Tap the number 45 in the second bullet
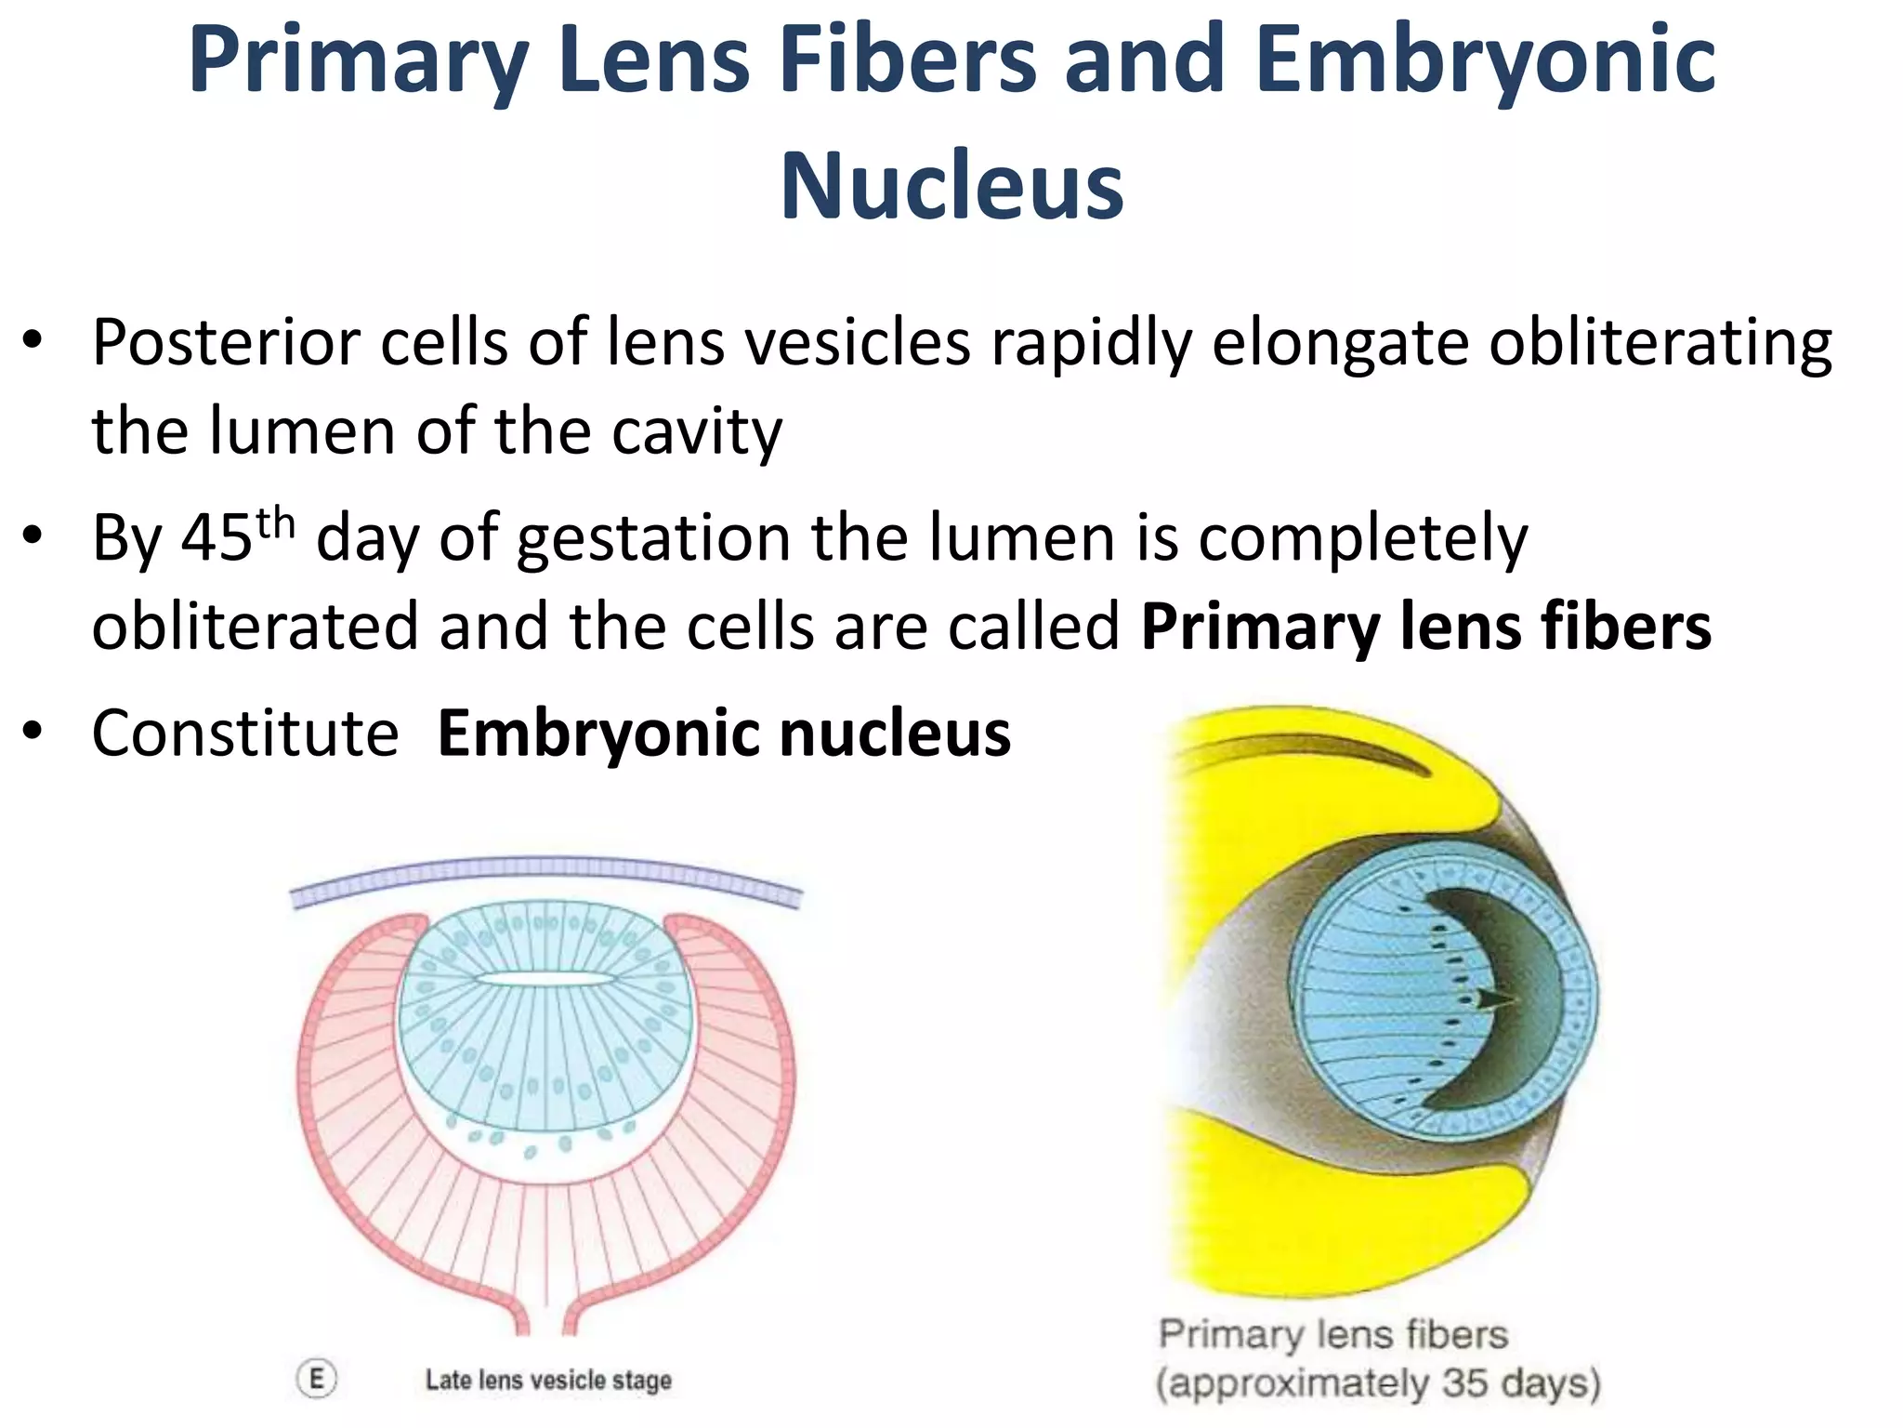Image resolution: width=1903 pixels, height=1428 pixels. (x=217, y=539)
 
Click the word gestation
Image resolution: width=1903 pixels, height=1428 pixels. (x=654, y=539)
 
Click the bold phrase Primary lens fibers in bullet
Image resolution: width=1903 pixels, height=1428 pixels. (x=1425, y=627)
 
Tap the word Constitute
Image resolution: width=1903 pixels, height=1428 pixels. (x=245, y=734)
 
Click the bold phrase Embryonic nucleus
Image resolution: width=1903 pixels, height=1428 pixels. (x=724, y=734)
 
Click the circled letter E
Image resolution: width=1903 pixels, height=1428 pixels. (x=317, y=1379)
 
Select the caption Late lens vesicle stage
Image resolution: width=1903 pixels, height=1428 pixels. (x=548, y=1380)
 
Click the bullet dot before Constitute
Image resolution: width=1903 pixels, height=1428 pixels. (x=33, y=733)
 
